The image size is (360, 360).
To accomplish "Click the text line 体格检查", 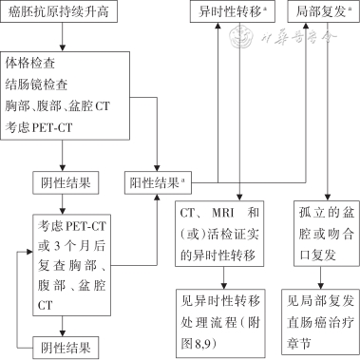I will pos(29,64).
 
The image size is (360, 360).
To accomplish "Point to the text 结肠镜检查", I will pos(36,84).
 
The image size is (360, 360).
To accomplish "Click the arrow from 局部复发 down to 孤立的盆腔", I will pos(328,114).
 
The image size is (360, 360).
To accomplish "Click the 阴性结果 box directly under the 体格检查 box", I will pos(63,180).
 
